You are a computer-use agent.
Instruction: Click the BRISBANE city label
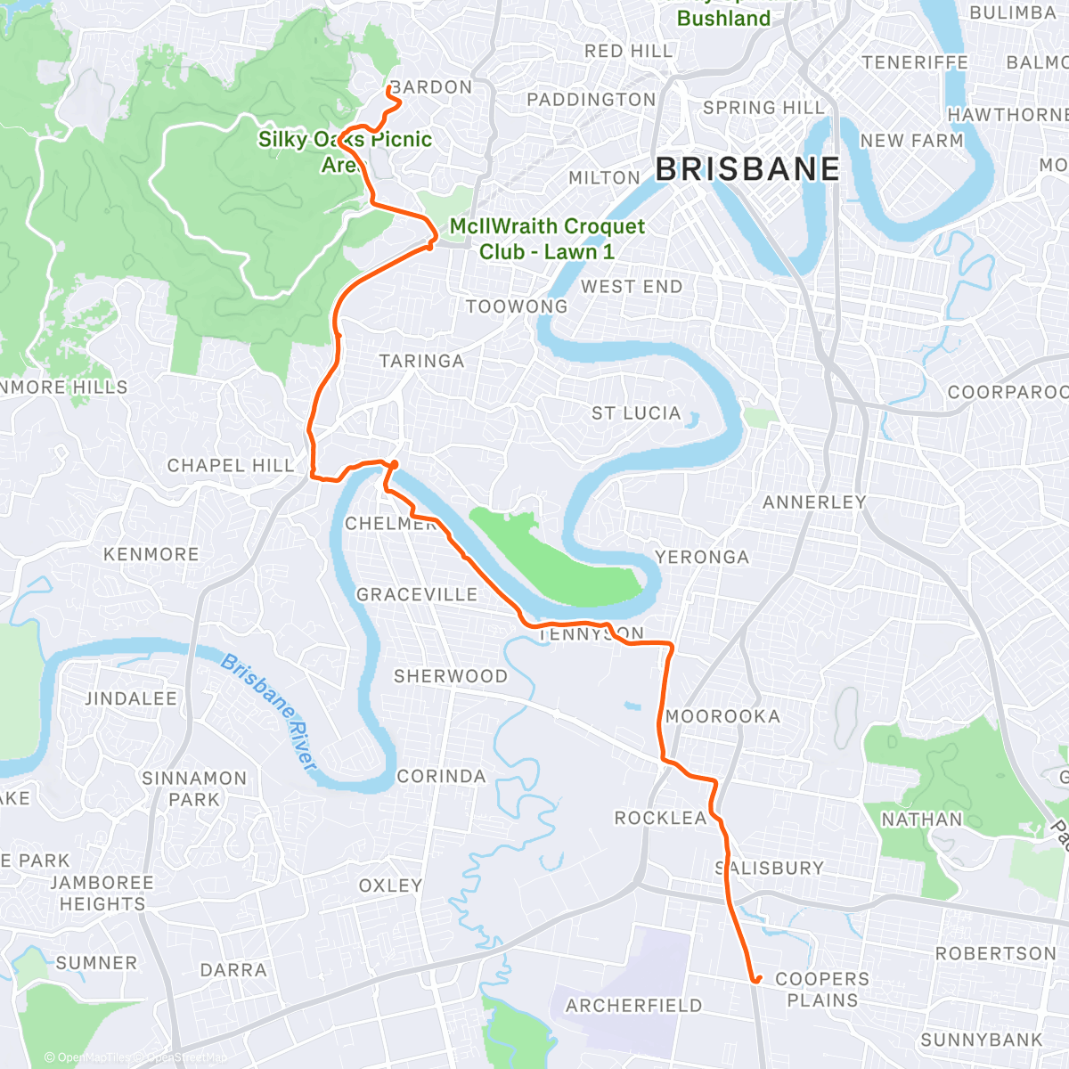coord(747,168)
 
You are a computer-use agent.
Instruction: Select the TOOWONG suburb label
coord(516,306)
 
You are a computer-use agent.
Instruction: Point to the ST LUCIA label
coord(636,413)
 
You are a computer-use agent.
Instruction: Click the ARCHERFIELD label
coord(633,1006)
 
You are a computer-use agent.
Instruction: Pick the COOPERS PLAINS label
coord(821,990)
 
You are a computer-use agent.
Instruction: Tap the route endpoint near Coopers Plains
coord(756,980)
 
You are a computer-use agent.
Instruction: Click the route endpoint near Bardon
coord(389,88)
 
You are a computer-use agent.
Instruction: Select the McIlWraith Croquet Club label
coord(546,239)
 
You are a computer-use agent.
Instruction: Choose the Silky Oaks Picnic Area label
coord(345,151)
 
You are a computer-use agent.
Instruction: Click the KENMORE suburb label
coord(151,554)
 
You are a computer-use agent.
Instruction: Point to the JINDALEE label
coord(131,698)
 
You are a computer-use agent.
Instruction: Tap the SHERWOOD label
coord(450,676)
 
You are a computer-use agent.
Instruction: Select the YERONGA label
coord(702,558)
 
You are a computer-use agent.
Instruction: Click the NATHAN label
coord(921,820)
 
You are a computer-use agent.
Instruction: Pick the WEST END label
coord(632,287)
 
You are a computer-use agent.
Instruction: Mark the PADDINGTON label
coord(591,100)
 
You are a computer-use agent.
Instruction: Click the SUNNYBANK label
coord(981,1040)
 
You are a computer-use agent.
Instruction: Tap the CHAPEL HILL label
coord(230,466)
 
